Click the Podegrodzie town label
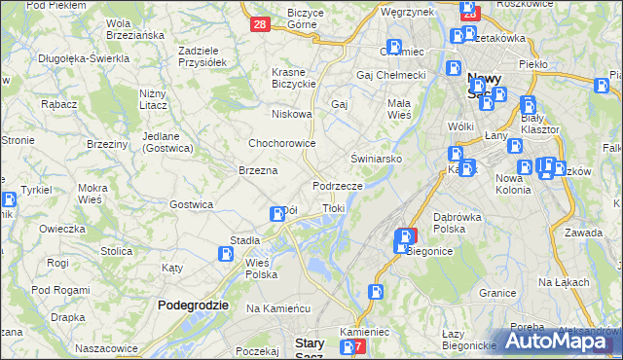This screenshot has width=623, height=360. (193, 305)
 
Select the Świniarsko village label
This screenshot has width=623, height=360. (370, 158)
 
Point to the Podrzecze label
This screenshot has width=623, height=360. (338, 185)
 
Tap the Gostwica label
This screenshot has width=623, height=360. (191, 204)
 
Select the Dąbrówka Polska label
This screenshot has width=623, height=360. (461, 223)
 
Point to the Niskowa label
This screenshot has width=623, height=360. (292, 114)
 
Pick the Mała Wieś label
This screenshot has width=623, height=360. (399, 107)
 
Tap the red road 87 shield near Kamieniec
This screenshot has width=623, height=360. (357, 346)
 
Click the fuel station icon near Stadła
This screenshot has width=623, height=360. (226, 255)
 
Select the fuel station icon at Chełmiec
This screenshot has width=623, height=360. (394, 47)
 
